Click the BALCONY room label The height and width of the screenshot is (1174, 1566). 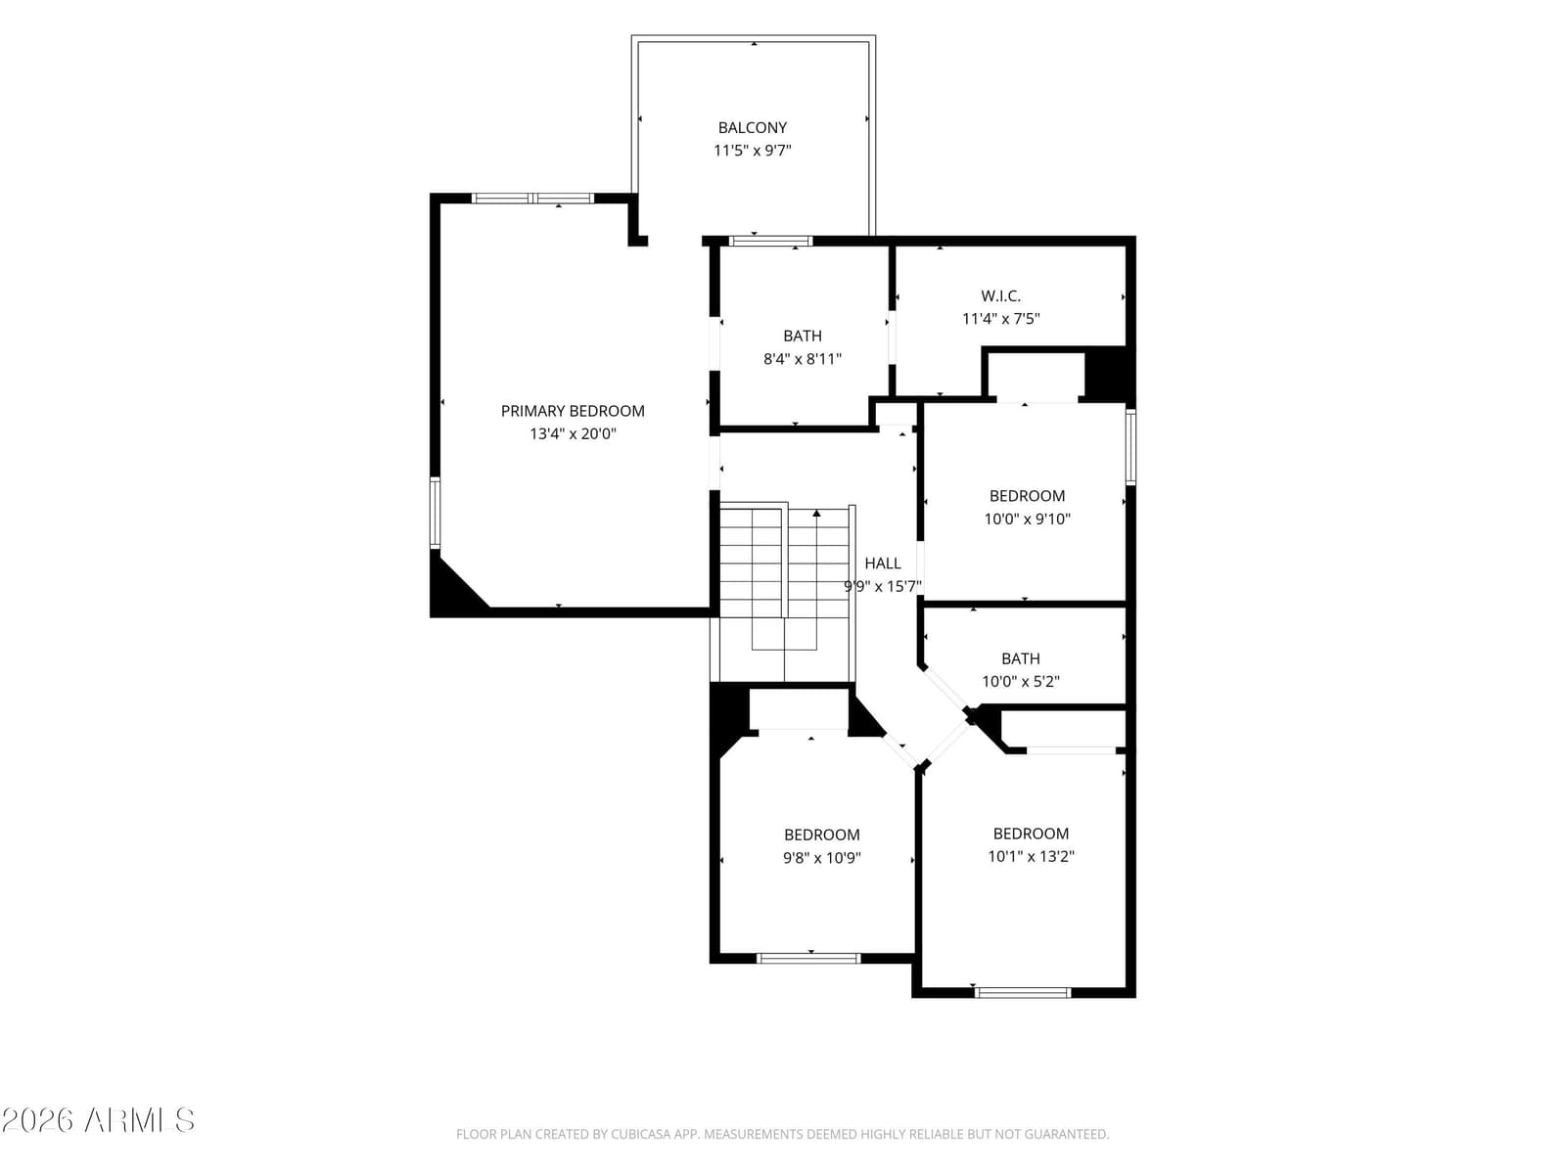[x=752, y=127]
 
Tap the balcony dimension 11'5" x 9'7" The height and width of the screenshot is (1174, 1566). [x=752, y=151]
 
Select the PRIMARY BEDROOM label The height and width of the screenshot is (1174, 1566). [x=573, y=411]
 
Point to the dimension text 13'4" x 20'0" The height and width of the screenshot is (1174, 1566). [x=573, y=433]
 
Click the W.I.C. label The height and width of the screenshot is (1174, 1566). [x=1000, y=295]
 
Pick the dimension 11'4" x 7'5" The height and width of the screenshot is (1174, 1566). [x=1000, y=319]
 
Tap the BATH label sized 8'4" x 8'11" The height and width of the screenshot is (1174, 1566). [x=802, y=336]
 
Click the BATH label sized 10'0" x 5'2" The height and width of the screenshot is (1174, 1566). [x=1020, y=658]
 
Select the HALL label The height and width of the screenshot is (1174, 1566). [x=883, y=564]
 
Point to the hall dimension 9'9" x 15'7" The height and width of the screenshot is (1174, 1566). [x=883, y=587]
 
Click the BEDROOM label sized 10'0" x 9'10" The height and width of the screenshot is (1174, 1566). [x=1027, y=495]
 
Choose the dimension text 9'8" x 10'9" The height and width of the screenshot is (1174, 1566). [x=822, y=858]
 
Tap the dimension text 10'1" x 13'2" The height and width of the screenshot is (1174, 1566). [x=1031, y=856]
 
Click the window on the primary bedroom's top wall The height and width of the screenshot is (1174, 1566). [x=532, y=199]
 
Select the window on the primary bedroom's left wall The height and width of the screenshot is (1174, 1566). [x=435, y=514]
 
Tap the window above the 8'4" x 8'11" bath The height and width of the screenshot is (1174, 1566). [x=770, y=241]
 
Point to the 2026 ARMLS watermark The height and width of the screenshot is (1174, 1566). [x=98, y=1120]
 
